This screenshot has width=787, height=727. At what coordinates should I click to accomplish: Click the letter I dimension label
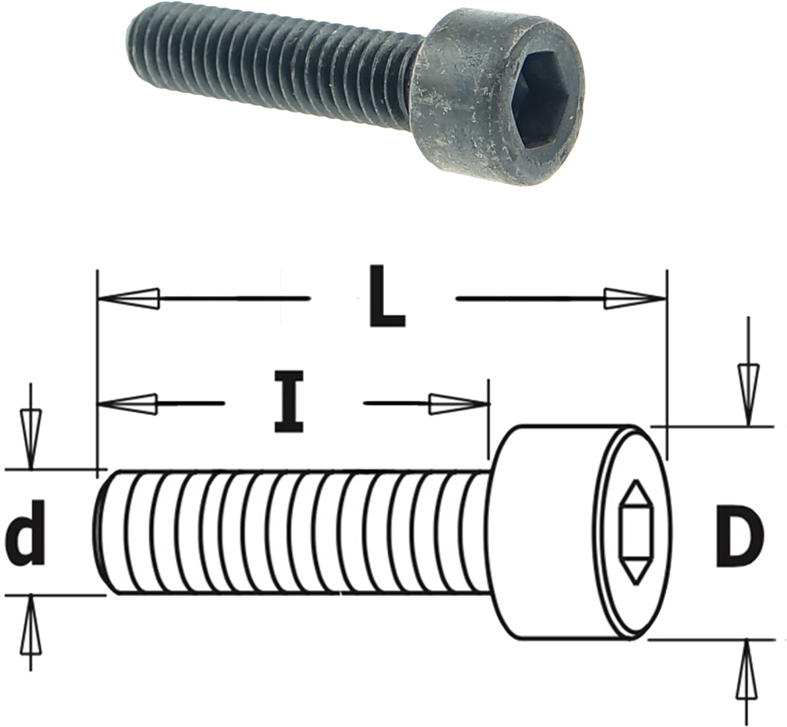click(x=289, y=402)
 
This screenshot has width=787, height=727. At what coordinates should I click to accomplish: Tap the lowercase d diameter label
click(x=25, y=531)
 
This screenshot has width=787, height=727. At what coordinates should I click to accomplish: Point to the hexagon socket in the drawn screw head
click(x=636, y=533)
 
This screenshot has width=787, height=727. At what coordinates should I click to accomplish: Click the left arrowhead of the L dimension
click(x=128, y=299)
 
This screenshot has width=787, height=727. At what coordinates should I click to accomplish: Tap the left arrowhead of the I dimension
click(x=128, y=403)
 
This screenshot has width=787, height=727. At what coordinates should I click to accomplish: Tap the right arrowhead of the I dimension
click(x=459, y=404)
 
